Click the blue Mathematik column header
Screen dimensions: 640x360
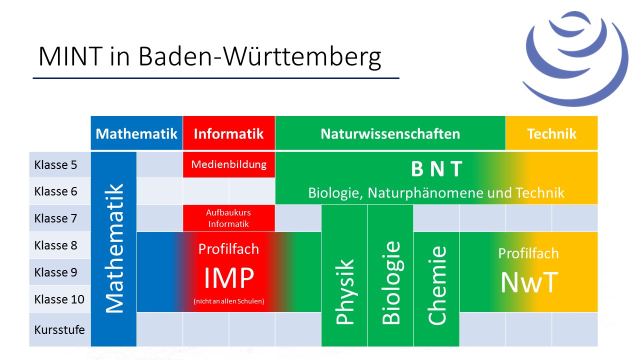[x=136, y=133]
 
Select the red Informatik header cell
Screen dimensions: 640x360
[x=229, y=133]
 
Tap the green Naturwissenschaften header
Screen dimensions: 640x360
[x=390, y=133]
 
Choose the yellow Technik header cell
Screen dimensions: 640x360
[x=551, y=133]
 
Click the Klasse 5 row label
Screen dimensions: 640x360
[x=55, y=165]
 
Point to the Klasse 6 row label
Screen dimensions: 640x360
[x=55, y=191]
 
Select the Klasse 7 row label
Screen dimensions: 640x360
[x=55, y=218]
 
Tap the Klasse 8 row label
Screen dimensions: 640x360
[x=55, y=245]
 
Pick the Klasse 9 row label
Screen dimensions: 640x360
[x=55, y=272]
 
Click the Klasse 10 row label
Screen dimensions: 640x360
[x=59, y=299]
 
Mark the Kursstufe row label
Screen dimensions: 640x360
[x=59, y=329]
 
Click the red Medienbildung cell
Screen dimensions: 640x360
[x=229, y=164]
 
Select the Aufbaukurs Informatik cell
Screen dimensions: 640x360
[x=229, y=218]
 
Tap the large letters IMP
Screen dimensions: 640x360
[x=229, y=277]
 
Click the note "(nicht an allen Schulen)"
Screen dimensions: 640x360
[x=229, y=301]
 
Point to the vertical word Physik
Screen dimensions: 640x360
[x=344, y=291]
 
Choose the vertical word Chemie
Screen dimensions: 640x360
[x=436, y=285]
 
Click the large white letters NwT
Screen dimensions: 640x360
[x=529, y=282]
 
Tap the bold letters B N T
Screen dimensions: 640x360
[x=436, y=169]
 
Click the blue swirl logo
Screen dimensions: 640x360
[x=575, y=58]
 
